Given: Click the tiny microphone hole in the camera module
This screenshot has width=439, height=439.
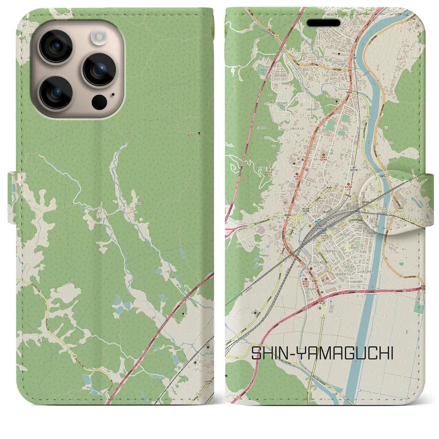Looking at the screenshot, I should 113,95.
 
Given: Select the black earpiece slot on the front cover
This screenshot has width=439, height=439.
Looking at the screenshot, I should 323,23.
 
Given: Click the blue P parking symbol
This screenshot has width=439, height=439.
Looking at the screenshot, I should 331,302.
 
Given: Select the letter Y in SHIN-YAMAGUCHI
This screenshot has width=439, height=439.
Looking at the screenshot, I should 298,353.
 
